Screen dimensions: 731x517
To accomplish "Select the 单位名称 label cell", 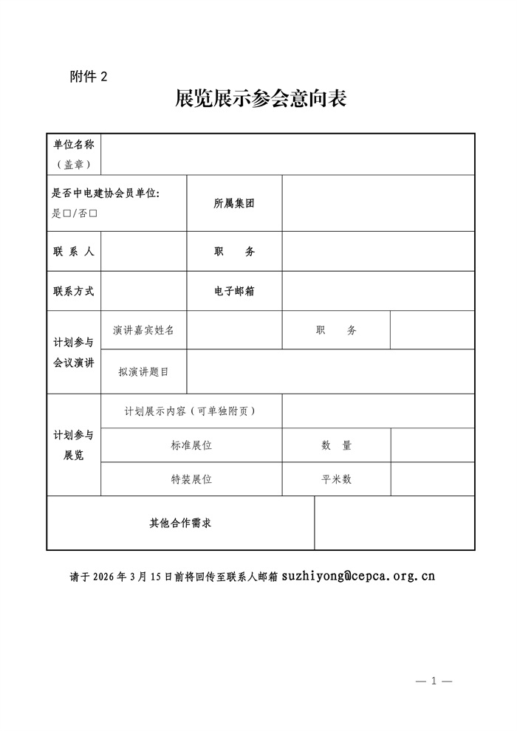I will [74, 145].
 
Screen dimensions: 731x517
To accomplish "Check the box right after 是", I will [66, 213].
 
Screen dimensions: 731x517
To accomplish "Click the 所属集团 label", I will [234, 204].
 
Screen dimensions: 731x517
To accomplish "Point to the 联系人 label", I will [74, 252].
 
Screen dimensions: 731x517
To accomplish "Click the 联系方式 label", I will [74, 291].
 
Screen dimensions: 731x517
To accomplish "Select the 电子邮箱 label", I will [234, 291].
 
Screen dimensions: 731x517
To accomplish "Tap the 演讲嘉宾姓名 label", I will [144, 330].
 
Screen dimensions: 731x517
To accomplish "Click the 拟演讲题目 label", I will [144, 371].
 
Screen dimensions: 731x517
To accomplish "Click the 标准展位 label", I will [191, 445].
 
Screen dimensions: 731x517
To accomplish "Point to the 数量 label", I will [336, 445].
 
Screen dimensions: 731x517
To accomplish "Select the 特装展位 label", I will [191, 479].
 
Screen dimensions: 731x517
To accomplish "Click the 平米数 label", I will [336, 479].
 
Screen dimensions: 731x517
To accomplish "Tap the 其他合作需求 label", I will [180, 524].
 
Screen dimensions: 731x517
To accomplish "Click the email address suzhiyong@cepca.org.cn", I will [358, 576].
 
